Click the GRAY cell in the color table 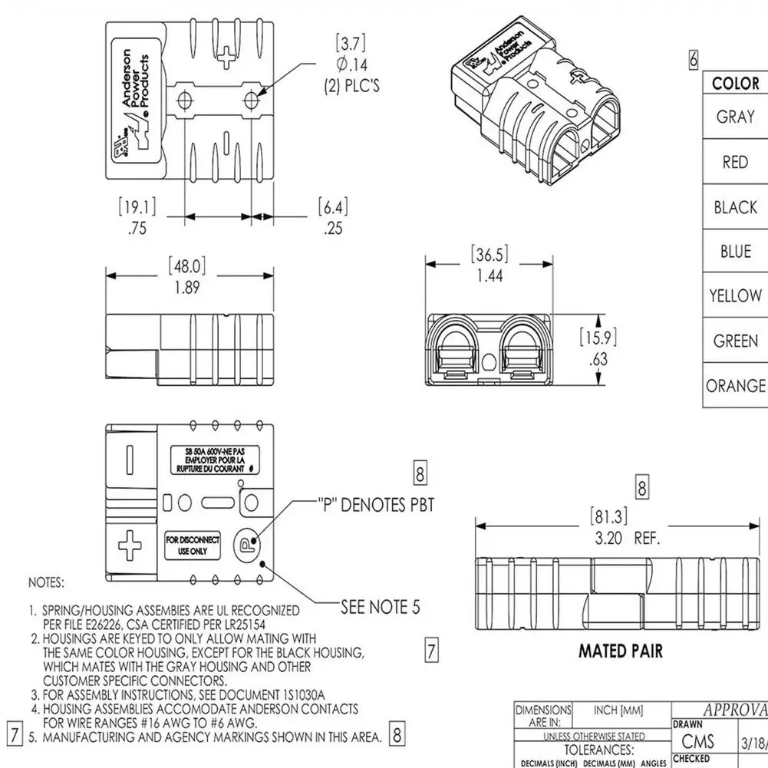click(x=735, y=117)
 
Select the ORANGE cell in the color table click(x=735, y=386)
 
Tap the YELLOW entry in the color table click(x=735, y=296)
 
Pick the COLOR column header click(x=735, y=84)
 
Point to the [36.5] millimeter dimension click(x=489, y=255)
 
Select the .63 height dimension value click(x=598, y=359)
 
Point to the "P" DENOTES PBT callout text click(x=376, y=505)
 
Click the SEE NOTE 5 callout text click(x=381, y=608)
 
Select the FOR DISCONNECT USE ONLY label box click(x=193, y=545)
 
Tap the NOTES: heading click(x=46, y=583)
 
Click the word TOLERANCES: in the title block click(x=599, y=750)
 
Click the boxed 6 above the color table click(x=694, y=59)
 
